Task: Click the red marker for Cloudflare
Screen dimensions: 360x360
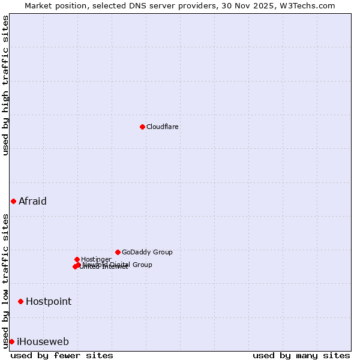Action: coord(142,127)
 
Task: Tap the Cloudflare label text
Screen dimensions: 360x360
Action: coord(163,127)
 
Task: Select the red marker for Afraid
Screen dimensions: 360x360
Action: coord(13,201)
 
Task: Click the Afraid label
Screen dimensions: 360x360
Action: coord(32,201)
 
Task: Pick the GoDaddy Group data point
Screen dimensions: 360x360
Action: coord(118,252)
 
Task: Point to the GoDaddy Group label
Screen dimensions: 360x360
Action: coord(147,252)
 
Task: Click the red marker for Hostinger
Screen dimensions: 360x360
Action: coord(77,259)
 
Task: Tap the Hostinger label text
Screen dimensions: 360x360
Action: coord(96,259)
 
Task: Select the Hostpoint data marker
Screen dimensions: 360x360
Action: coord(20,301)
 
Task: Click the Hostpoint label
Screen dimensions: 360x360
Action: coord(49,301)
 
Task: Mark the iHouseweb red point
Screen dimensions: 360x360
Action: coord(11,341)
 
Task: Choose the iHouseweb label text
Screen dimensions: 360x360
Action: coord(43,341)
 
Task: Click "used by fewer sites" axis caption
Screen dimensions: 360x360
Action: coord(62,355)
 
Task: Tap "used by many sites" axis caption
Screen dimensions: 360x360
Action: coord(301,355)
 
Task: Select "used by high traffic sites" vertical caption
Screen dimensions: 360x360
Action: coord(5,85)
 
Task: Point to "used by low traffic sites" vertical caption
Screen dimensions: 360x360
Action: coord(5,280)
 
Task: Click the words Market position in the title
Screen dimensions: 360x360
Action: coord(52,5)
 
